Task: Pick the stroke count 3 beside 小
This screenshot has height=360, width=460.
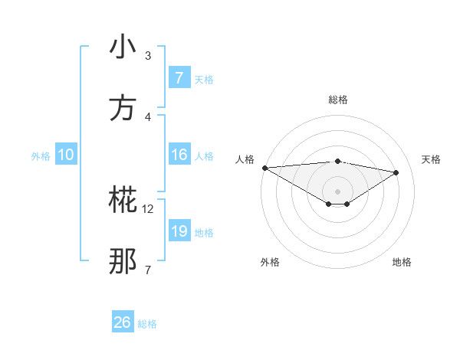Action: pyautogui.click(x=148, y=56)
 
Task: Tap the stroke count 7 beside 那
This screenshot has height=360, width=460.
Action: pyautogui.click(x=148, y=270)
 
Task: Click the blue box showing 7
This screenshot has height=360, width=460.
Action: pyautogui.click(x=179, y=78)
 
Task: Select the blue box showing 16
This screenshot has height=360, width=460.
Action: pyautogui.click(x=179, y=155)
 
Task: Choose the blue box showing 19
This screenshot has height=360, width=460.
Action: pyautogui.click(x=179, y=231)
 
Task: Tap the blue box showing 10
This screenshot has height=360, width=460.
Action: pyautogui.click(x=65, y=155)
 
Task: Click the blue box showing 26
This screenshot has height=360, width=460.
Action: pyautogui.click(x=123, y=322)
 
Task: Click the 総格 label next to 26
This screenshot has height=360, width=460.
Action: pyautogui.click(x=147, y=324)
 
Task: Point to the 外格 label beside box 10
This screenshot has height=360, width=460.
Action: pyautogui.click(x=41, y=156)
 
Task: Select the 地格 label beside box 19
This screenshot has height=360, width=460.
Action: pyautogui.click(x=204, y=233)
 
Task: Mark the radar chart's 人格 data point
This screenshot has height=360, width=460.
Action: pyautogui.click(x=264, y=168)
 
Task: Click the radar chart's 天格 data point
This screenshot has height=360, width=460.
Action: pyautogui.click(x=396, y=172)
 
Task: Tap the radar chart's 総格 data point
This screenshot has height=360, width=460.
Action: pyautogui.click(x=337, y=161)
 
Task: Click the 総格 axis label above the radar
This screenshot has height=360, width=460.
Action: pyautogui.click(x=338, y=100)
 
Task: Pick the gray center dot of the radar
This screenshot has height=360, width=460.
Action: pyautogui.click(x=337, y=191)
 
